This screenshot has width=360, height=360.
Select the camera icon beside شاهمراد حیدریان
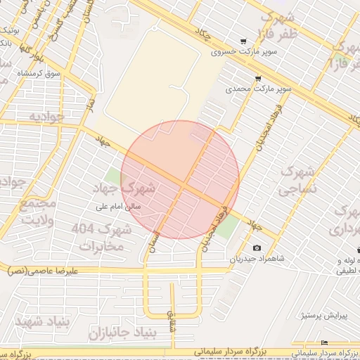(257, 247)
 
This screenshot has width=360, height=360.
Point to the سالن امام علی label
(120, 207)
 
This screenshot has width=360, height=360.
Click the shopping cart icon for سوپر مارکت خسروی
(243, 41)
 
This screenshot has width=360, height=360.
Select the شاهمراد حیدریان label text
(257, 259)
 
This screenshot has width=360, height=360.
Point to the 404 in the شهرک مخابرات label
(81, 229)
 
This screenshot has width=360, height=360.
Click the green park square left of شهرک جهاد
(113, 175)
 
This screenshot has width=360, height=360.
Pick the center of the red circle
(181, 179)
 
